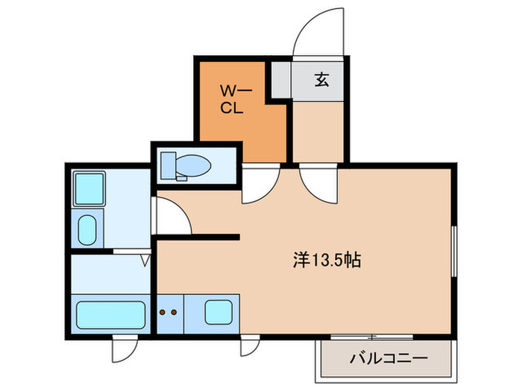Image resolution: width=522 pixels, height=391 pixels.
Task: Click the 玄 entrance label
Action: coord(321,79)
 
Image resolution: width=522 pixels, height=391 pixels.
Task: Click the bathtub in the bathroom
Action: coord(110,313)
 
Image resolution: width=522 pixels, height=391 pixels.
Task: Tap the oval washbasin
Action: coord(87,229)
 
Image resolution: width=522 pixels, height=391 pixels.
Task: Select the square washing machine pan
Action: coord(90,189)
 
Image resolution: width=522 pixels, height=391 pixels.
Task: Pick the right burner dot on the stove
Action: coord(176,313)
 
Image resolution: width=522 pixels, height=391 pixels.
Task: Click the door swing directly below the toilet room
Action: coord(259,183)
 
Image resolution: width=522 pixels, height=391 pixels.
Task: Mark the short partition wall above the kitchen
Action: coord(197,238)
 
